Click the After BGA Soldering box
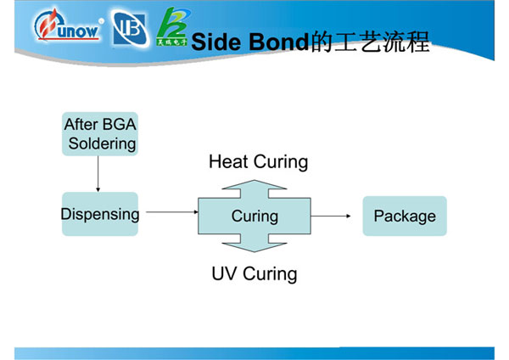(x=99, y=134)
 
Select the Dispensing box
(x=99, y=214)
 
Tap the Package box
(x=405, y=216)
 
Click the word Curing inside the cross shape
(x=255, y=217)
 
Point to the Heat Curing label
(x=258, y=161)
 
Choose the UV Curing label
(x=255, y=273)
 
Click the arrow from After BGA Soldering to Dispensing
(x=98, y=173)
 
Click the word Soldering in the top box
(x=102, y=143)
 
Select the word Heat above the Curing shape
(x=227, y=161)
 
